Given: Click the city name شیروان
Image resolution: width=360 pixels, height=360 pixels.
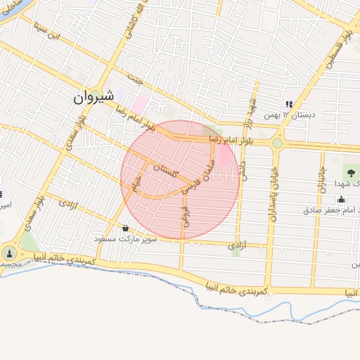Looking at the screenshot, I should click(x=97, y=97).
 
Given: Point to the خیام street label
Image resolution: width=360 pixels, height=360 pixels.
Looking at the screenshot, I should click(x=139, y=185).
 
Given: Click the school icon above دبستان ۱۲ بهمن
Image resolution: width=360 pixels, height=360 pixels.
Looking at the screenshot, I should click(x=288, y=104).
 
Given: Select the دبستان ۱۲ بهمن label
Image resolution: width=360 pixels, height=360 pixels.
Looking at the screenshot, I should click(x=289, y=115).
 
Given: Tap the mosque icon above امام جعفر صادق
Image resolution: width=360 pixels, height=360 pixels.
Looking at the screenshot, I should click(x=342, y=200).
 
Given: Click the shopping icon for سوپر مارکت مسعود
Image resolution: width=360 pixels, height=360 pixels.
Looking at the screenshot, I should click(x=126, y=228).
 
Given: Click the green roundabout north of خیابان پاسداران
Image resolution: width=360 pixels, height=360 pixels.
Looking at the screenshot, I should click(x=277, y=143).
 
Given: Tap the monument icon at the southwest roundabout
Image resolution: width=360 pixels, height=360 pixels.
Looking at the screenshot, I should click(x=9, y=253).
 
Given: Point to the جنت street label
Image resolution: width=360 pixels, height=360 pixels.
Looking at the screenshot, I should click(x=136, y=77).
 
